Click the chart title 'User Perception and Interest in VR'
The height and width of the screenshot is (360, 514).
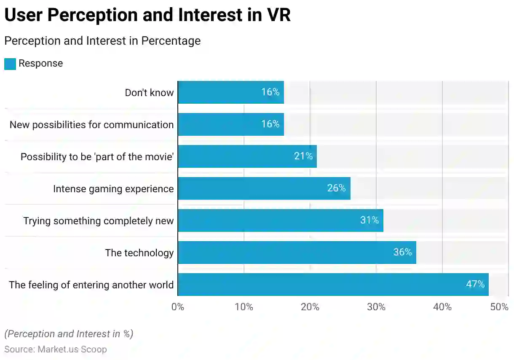(147, 16)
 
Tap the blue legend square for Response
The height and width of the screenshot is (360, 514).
(10, 64)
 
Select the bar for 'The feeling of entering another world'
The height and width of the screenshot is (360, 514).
(333, 285)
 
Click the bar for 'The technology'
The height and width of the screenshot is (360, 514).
(297, 253)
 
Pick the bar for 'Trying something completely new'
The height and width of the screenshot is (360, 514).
(280, 220)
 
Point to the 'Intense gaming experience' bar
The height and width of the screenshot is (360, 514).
(264, 188)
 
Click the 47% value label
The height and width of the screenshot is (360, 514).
(475, 284)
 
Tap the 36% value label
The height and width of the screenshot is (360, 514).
(402, 252)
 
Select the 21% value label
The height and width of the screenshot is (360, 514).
(303, 156)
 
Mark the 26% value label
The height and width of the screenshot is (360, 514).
(336, 188)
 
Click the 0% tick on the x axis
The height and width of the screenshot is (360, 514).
(178, 307)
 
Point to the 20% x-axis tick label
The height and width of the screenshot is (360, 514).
(310, 307)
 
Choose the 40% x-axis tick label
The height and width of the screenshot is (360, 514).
(442, 307)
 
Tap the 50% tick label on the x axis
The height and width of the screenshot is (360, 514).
(500, 307)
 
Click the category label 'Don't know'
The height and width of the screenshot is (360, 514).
(149, 93)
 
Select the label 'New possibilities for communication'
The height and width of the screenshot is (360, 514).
(91, 125)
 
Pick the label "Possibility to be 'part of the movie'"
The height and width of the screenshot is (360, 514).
(97, 157)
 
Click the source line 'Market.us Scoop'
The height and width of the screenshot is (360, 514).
(56, 349)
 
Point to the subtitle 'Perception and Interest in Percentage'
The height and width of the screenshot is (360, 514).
(102, 41)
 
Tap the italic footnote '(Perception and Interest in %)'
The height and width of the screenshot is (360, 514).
(69, 334)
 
